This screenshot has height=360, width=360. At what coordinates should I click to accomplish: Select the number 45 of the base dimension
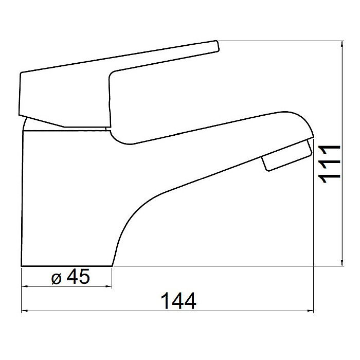78,277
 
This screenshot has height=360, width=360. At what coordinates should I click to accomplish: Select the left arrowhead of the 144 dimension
24,312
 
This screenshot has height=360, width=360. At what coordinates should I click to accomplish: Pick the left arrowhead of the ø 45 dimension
24,286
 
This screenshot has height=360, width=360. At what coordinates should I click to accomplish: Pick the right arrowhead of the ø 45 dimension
109,286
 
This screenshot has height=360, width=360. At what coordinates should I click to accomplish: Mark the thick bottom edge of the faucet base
67,266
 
